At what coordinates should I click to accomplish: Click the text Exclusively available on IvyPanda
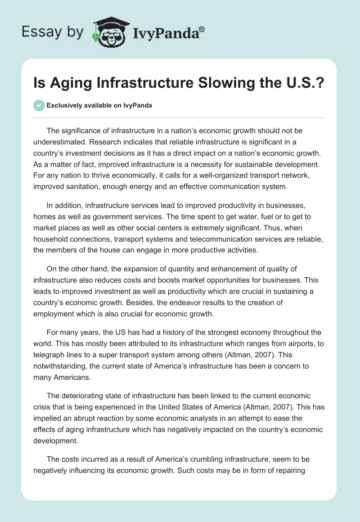(x=99, y=106)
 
